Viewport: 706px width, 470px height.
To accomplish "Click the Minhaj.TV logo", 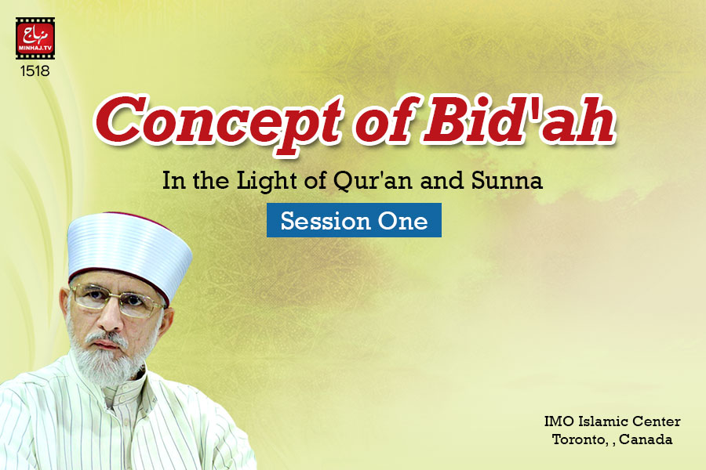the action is coord(35,38).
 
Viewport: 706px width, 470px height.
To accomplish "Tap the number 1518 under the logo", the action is coord(35,71).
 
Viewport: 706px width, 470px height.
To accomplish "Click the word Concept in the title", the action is coord(217,122).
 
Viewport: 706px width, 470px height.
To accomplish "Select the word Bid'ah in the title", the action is coord(519,119).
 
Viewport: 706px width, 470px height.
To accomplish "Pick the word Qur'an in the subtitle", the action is coord(373,181).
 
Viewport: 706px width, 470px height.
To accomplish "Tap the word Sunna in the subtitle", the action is coord(507,180).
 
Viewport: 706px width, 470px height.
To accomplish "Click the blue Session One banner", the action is coord(354,220).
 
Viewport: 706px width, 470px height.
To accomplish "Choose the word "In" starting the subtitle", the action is coord(171,181).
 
